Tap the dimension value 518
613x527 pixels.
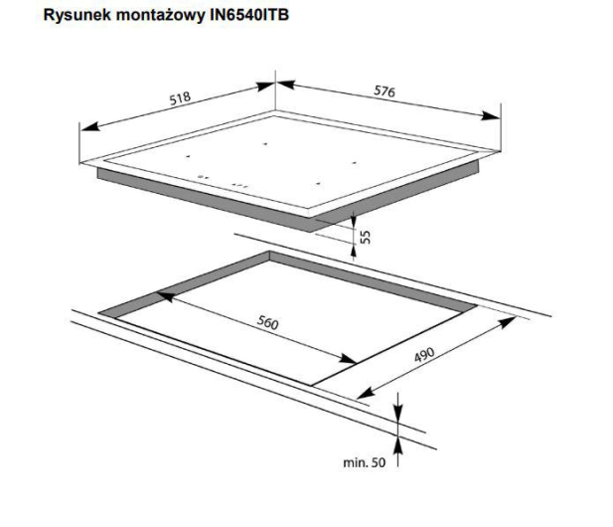pyautogui.click(x=180, y=98)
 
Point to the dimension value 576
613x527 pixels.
pyautogui.click(x=384, y=91)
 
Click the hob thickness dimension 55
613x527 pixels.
pyautogui.click(x=365, y=237)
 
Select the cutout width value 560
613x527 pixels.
pyautogui.click(x=268, y=322)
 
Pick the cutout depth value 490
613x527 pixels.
pyautogui.click(x=424, y=354)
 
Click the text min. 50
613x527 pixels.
pyautogui.click(x=364, y=462)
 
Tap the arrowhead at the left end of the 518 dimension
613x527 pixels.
pyautogui.click(x=88, y=126)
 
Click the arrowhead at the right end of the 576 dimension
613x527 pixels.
pyautogui.click(x=491, y=115)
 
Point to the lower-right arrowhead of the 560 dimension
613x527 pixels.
pyautogui.click(x=347, y=358)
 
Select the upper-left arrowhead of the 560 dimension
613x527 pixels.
pyautogui.click(x=165, y=296)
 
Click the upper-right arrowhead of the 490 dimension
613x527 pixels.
pyautogui.click(x=509, y=322)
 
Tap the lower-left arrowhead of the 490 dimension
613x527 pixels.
pyautogui.click(x=366, y=393)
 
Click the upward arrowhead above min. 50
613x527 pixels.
pyautogui.click(x=398, y=445)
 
